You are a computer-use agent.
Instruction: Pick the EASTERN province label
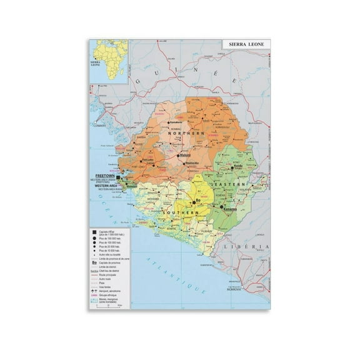(227, 186)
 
